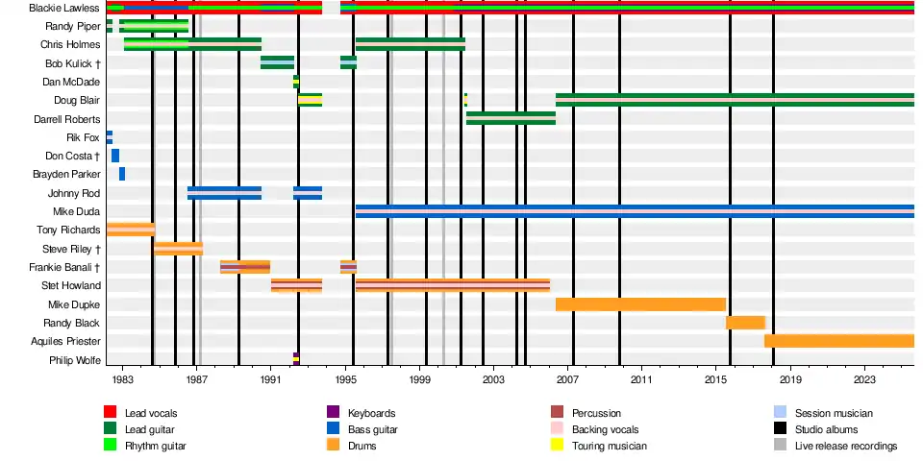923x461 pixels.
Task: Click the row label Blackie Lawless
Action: (x=64, y=8)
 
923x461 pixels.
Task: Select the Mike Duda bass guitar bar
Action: (x=635, y=211)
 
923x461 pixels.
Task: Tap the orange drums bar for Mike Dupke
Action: (x=640, y=304)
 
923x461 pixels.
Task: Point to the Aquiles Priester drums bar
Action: (x=838, y=341)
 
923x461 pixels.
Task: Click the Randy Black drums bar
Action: (x=745, y=323)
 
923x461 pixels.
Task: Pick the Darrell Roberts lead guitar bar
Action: (x=511, y=118)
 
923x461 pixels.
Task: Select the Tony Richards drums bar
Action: (x=131, y=230)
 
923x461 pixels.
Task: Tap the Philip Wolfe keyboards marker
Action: (x=296, y=359)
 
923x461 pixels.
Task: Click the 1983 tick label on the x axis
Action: (x=122, y=380)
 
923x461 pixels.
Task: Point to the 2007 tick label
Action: (x=567, y=380)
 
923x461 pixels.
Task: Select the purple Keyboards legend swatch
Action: (x=334, y=413)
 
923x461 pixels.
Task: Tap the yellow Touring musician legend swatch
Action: (x=556, y=446)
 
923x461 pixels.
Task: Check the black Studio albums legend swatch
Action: (x=780, y=429)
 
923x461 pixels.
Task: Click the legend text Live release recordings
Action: (x=845, y=446)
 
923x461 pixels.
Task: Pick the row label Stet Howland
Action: (x=69, y=285)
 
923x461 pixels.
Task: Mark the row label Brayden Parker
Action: (x=66, y=174)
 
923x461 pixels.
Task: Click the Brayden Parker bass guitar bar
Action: (x=122, y=174)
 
